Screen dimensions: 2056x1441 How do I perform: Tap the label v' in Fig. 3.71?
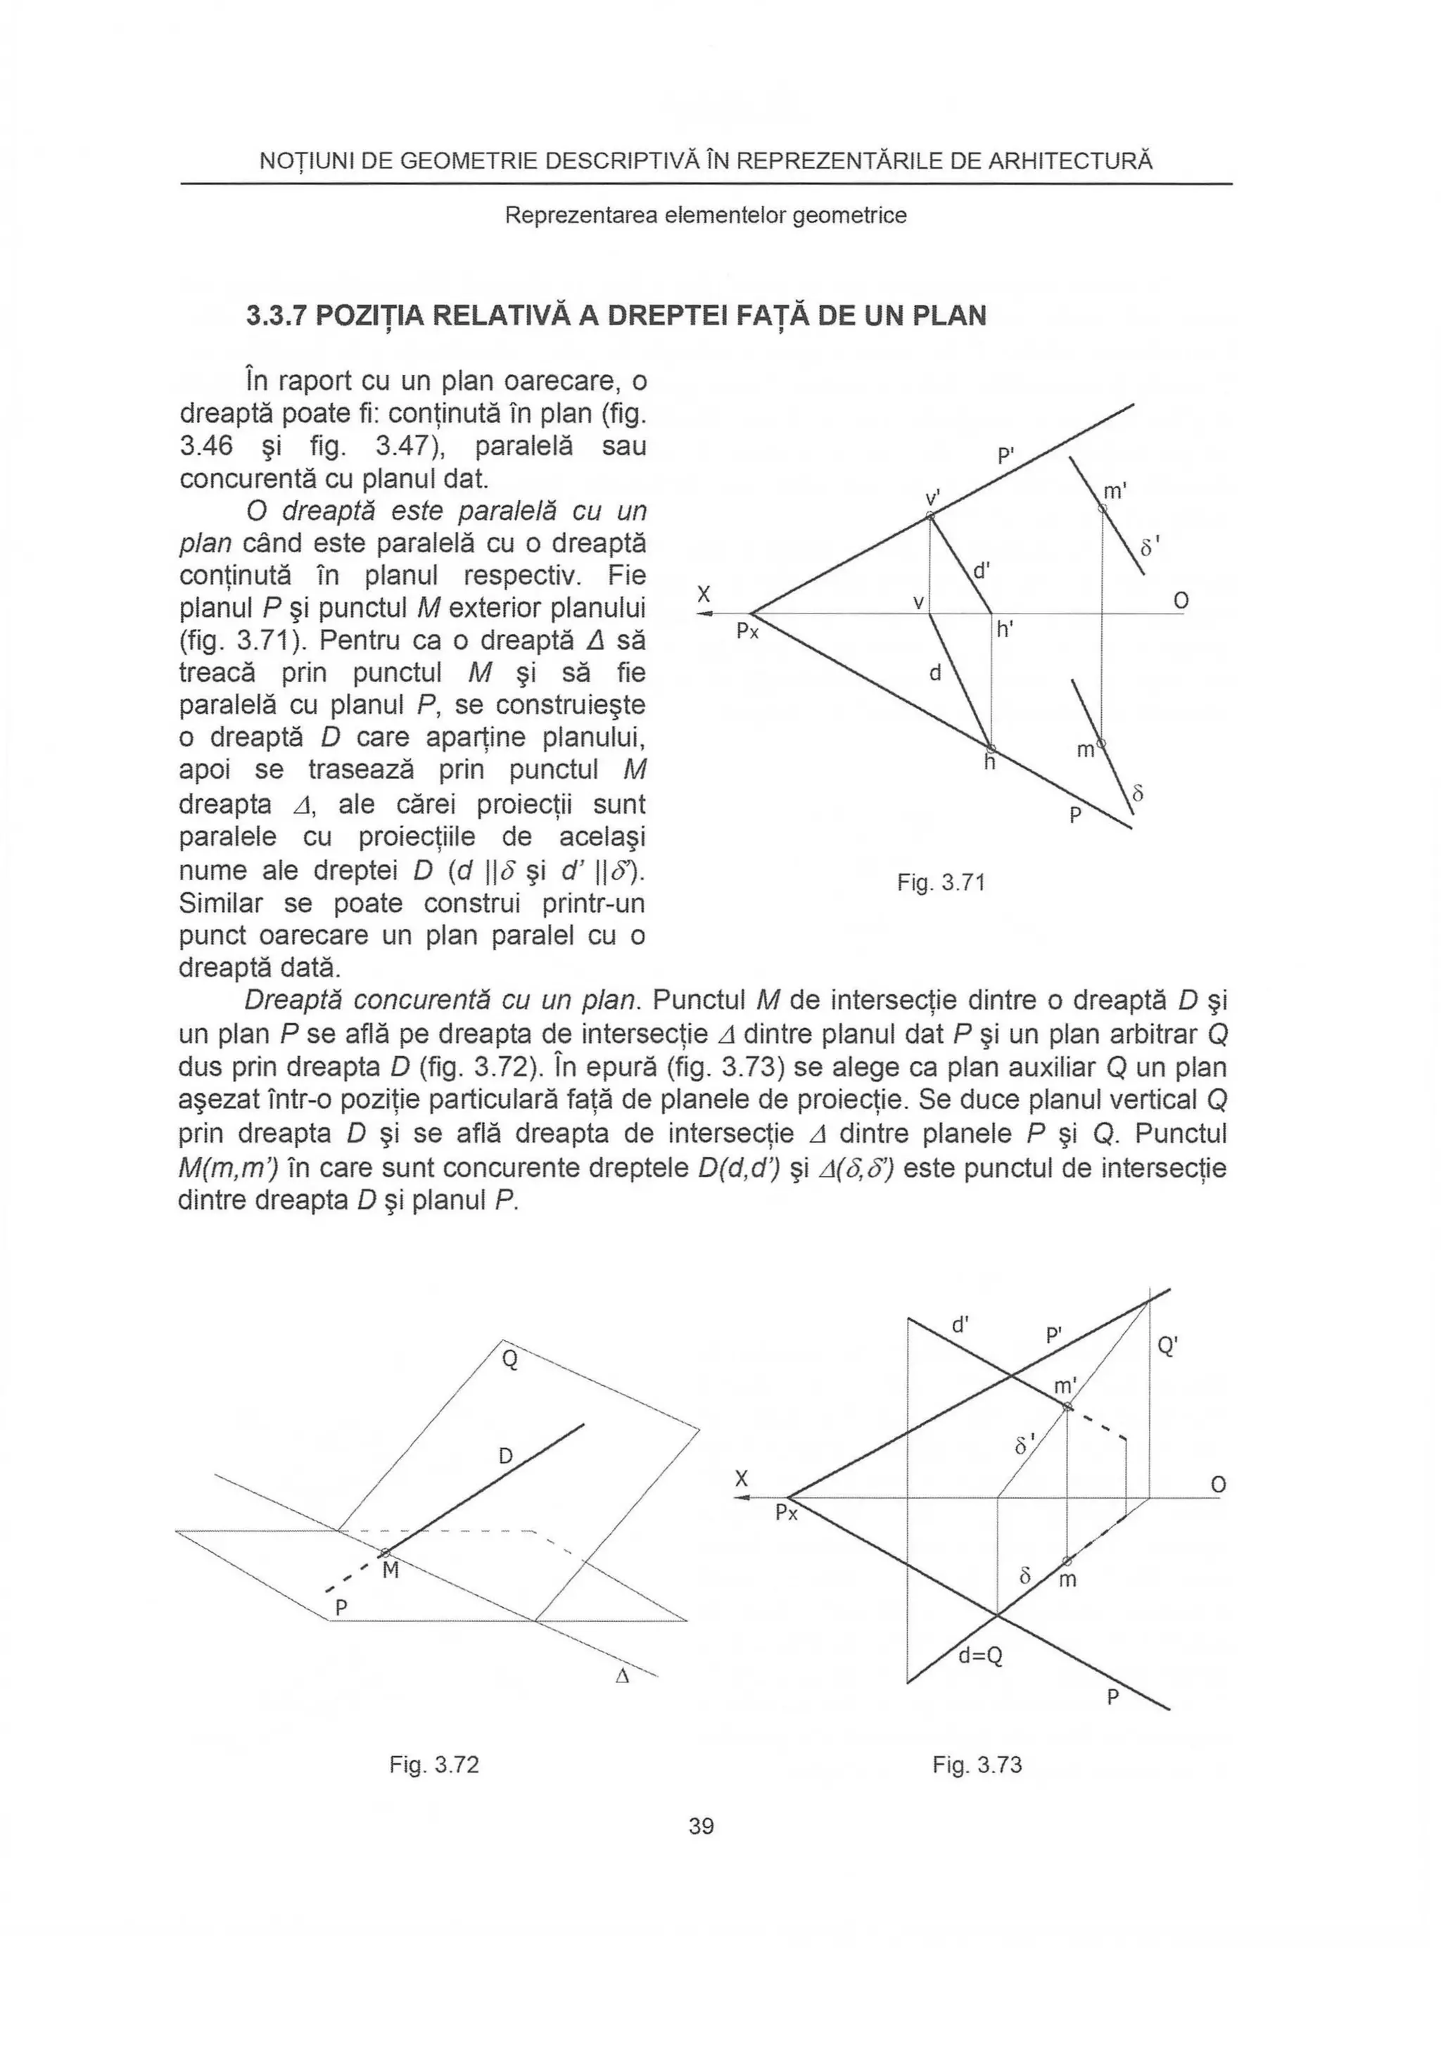tap(933, 497)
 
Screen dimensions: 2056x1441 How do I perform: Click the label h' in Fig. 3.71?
tap(1005, 630)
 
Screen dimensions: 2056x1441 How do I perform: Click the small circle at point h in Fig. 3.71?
tap(991, 748)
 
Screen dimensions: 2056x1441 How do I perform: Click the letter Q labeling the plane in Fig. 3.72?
tap(509, 1360)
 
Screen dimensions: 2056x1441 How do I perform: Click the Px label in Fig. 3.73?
tap(787, 1514)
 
